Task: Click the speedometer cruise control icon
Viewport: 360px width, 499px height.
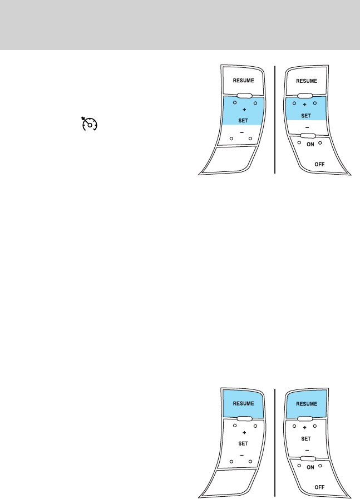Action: tap(88, 123)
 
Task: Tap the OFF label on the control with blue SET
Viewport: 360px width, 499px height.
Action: tap(320, 165)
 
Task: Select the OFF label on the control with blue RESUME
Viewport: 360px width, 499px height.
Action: tap(320, 486)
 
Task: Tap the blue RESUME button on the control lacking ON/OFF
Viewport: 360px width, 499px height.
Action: tap(243, 403)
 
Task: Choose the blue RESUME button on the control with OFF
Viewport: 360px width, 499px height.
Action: tap(306, 403)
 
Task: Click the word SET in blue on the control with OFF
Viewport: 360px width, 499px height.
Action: tap(305, 116)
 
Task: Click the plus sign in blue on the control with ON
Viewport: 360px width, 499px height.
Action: tap(304, 105)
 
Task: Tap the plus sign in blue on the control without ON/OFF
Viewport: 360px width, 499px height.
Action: tap(244, 110)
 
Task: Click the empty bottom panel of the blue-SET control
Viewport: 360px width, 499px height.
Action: tap(231, 159)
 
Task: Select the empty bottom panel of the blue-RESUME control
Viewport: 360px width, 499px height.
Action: tap(231, 481)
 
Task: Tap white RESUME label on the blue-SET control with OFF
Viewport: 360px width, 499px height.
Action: tap(306, 81)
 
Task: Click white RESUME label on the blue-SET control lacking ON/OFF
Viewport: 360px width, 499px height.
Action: tap(243, 81)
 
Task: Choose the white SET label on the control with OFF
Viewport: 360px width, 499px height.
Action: tap(305, 438)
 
